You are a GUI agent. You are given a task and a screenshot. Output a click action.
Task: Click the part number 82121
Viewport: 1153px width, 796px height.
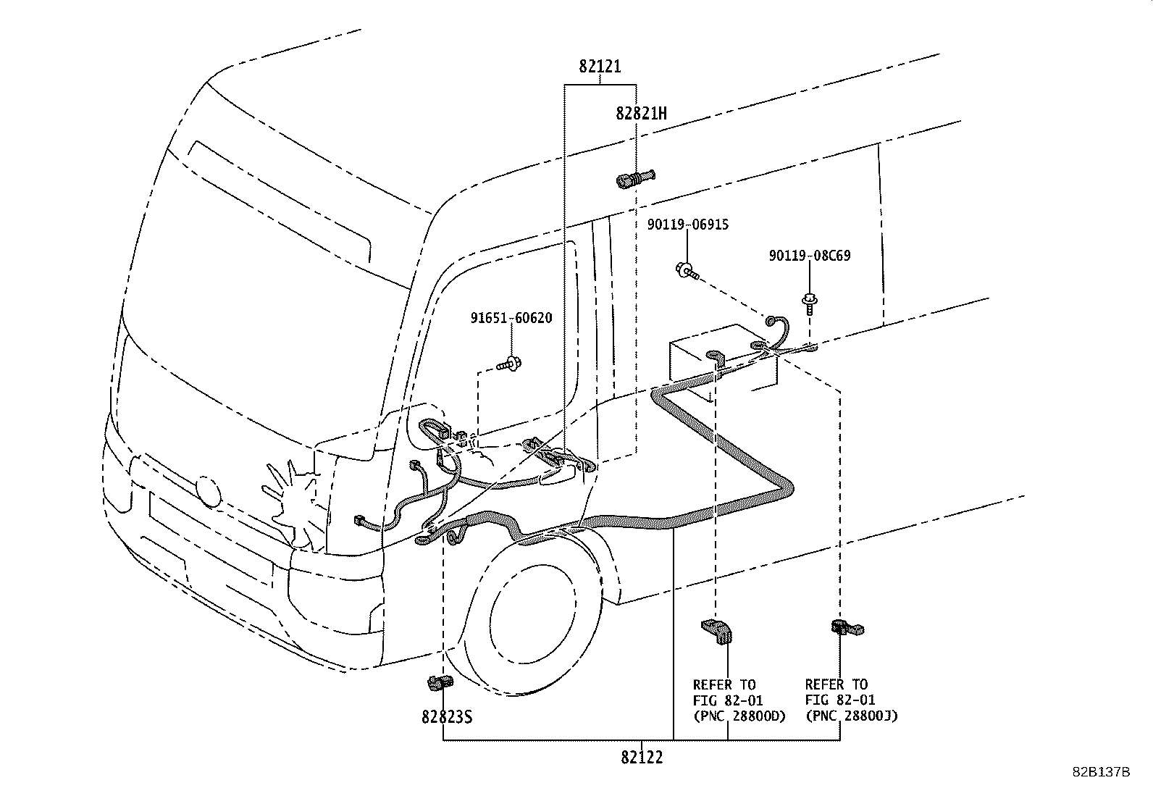600,67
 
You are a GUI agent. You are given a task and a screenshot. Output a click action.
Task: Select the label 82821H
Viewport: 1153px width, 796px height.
641,113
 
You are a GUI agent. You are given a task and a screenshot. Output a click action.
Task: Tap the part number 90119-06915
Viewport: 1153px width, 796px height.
688,225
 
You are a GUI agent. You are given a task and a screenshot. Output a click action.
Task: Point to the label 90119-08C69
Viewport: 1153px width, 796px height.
810,256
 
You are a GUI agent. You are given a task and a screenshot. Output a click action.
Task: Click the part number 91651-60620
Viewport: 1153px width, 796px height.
511,318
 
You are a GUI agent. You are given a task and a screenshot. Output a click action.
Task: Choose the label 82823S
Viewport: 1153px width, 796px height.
447,717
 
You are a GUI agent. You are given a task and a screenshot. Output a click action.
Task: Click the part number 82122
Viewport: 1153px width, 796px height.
642,758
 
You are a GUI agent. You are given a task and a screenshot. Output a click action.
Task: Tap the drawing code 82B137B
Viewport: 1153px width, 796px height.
1101,772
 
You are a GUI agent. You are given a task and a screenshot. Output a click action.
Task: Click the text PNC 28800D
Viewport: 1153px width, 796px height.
740,716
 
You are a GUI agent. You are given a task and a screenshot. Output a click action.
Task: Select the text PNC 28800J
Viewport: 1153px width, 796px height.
852,716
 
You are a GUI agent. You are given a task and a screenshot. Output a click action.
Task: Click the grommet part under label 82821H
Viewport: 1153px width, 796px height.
636,179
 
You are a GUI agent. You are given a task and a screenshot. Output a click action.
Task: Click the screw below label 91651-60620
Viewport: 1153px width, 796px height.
509,364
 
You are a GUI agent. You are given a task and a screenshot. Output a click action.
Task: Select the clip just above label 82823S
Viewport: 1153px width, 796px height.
440,683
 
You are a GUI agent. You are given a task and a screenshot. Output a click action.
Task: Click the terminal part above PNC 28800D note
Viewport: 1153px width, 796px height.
717,632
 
